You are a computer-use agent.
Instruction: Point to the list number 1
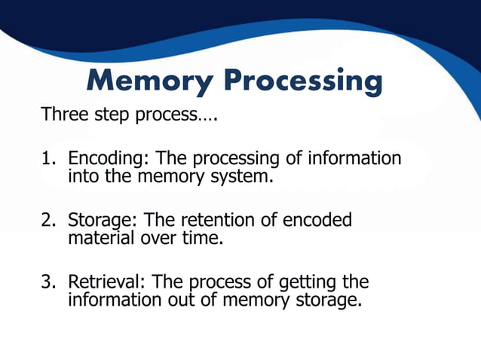(x=47, y=160)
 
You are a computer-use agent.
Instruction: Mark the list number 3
(x=47, y=282)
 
